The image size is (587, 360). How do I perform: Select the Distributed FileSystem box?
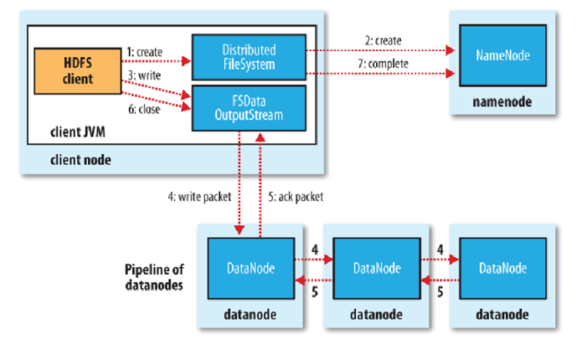click(x=248, y=56)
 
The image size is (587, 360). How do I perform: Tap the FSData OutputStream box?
click(x=248, y=106)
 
